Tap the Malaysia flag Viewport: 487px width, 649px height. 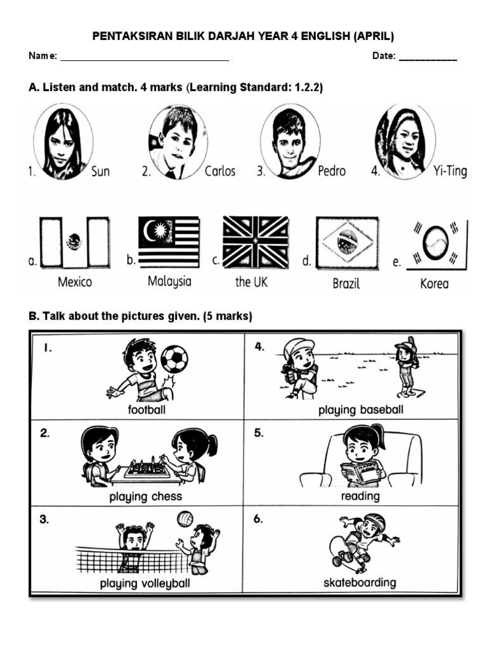[x=169, y=242]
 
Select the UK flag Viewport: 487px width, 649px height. [x=256, y=241]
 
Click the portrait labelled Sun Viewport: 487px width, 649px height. [x=63, y=142]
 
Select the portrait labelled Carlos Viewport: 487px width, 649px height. [x=178, y=141]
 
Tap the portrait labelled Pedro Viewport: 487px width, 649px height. [x=290, y=141]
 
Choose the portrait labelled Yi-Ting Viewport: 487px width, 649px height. [x=406, y=142]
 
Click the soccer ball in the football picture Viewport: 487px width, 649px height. [x=174, y=359]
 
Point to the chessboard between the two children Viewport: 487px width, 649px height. [x=147, y=469]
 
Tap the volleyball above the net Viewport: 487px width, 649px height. [x=185, y=519]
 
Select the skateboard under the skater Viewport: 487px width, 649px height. [x=346, y=555]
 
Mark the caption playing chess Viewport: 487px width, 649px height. [x=145, y=497]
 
